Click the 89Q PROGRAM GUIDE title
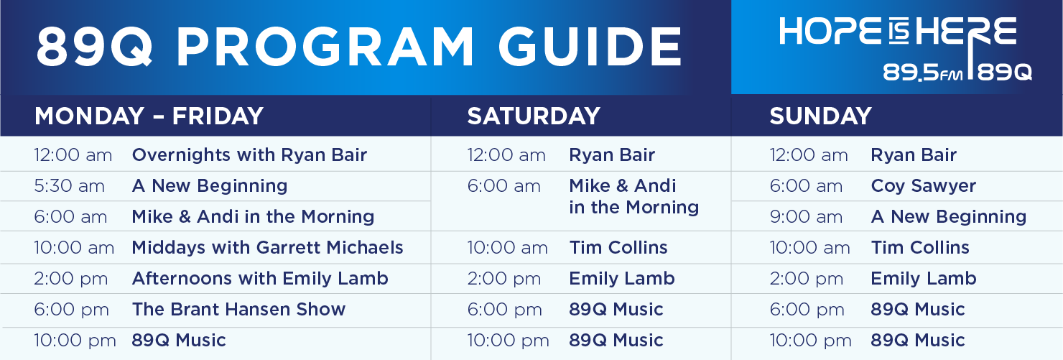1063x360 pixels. pyautogui.click(x=359, y=47)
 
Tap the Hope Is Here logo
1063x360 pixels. pyautogui.click(x=904, y=48)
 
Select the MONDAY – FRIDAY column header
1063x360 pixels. pyautogui.click(x=149, y=116)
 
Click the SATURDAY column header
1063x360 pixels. pyautogui.click(x=534, y=116)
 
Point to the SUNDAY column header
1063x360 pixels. pyautogui.click(x=820, y=116)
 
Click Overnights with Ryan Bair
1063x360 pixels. pyautogui.click(x=249, y=154)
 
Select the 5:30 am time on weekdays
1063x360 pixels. pyautogui.click(x=69, y=185)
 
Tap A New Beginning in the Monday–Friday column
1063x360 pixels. pyautogui.click(x=210, y=185)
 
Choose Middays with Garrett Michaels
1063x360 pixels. pyautogui.click(x=267, y=247)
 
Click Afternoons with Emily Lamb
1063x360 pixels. pyautogui.click(x=260, y=278)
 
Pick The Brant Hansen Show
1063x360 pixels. pyautogui.click(x=238, y=309)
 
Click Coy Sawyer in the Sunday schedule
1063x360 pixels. pyautogui.click(x=923, y=186)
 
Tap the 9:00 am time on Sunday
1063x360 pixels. pyautogui.click(x=806, y=216)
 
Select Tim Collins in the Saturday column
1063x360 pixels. pyautogui.click(x=618, y=247)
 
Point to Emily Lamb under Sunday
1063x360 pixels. pyautogui.click(x=924, y=278)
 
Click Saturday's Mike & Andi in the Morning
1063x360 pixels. pyautogui.click(x=634, y=197)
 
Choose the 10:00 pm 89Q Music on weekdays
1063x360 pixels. pyautogui.click(x=178, y=340)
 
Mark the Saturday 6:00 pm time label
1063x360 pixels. pyautogui.click(x=504, y=310)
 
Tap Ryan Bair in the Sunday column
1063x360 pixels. pyautogui.click(x=914, y=154)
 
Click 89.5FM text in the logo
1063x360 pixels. pyautogui.click(x=922, y=73)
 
